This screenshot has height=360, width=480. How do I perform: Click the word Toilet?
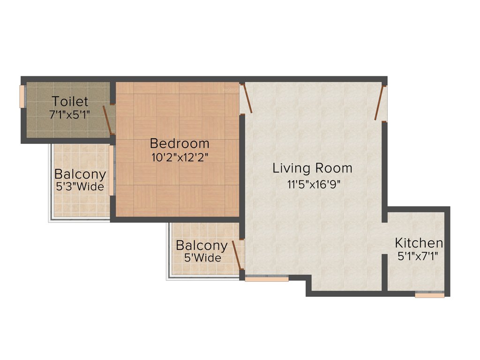(70, 101)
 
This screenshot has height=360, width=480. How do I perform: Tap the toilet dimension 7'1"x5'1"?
(70, 114)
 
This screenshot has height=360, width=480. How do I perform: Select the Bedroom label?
(180, 143)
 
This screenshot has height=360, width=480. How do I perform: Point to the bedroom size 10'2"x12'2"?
(180, 157)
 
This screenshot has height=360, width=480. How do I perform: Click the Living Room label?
(312, 168)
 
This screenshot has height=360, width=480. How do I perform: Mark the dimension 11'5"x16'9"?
(313, 184)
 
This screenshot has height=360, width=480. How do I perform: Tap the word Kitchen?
(419, 243)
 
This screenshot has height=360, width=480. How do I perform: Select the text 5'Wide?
(202, 258)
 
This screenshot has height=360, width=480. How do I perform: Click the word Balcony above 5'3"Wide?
(80, 174)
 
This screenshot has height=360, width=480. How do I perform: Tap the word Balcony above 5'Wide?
(202, 245)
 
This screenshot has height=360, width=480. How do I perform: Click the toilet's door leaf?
(108, 120)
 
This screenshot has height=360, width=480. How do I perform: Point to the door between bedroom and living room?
(247, 98)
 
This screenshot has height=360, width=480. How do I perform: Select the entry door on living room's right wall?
(380, 103)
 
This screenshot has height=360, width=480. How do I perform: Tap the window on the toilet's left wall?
(21, 97)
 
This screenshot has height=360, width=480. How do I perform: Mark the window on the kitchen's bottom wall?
(429, 295)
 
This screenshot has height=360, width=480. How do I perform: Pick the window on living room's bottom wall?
(267, 279)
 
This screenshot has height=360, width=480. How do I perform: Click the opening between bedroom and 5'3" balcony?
(112, 170)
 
